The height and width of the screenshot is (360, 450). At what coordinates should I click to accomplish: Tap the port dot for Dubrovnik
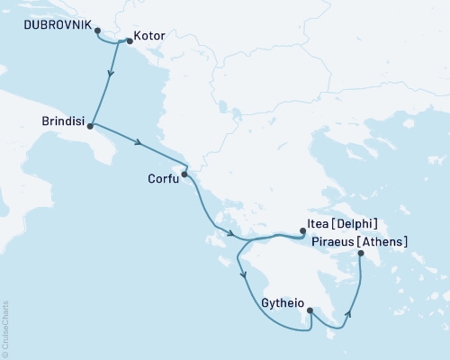97,30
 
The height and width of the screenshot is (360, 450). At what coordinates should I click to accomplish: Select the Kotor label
148,39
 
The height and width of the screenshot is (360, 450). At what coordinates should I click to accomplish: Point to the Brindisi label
64,119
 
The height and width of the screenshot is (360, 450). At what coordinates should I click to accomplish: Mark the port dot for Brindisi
91,127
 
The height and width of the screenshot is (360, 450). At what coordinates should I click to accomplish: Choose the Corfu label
162,177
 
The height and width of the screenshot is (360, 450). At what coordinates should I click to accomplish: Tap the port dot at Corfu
184,174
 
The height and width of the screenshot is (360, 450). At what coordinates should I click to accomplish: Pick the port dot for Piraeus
360,255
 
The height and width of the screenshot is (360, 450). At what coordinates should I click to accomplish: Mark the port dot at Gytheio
310,310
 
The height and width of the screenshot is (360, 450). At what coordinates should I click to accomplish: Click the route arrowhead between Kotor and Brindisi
110,77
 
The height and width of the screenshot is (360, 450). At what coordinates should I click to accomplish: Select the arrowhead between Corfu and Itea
231,235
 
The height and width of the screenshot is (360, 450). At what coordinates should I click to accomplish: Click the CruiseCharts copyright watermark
6,329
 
